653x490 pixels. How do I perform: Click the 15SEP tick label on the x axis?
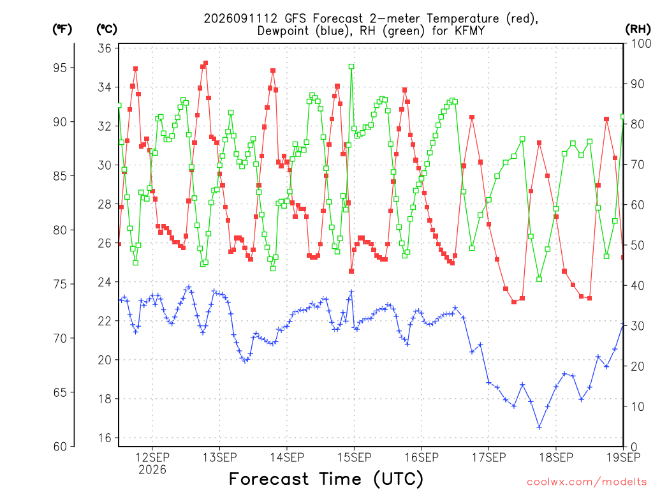coord(355,457)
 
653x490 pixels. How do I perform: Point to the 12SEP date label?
coord(152,457)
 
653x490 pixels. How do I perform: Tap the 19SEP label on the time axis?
coord(624,457)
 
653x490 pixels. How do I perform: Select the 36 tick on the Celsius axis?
coord(105,48)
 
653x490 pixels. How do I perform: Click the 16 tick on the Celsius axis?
coord(105,438)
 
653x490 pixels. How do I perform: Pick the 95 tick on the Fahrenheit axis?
coord(60,68)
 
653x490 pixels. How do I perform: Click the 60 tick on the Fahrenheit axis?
coord(60,447)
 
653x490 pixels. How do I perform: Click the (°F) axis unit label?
coord(62,29)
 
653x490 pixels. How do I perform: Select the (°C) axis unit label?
coord(107,29)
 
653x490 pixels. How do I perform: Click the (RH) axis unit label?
coord(638,29)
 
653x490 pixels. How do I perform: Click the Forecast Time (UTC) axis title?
coord(326,479)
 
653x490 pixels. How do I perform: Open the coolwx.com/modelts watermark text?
coord(587,482)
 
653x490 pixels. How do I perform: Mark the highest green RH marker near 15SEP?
coord(351,66)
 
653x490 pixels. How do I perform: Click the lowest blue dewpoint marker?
coord(539,427)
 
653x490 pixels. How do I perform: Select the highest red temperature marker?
coord(205,63)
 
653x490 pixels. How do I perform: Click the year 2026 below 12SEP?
coord(152,470)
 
